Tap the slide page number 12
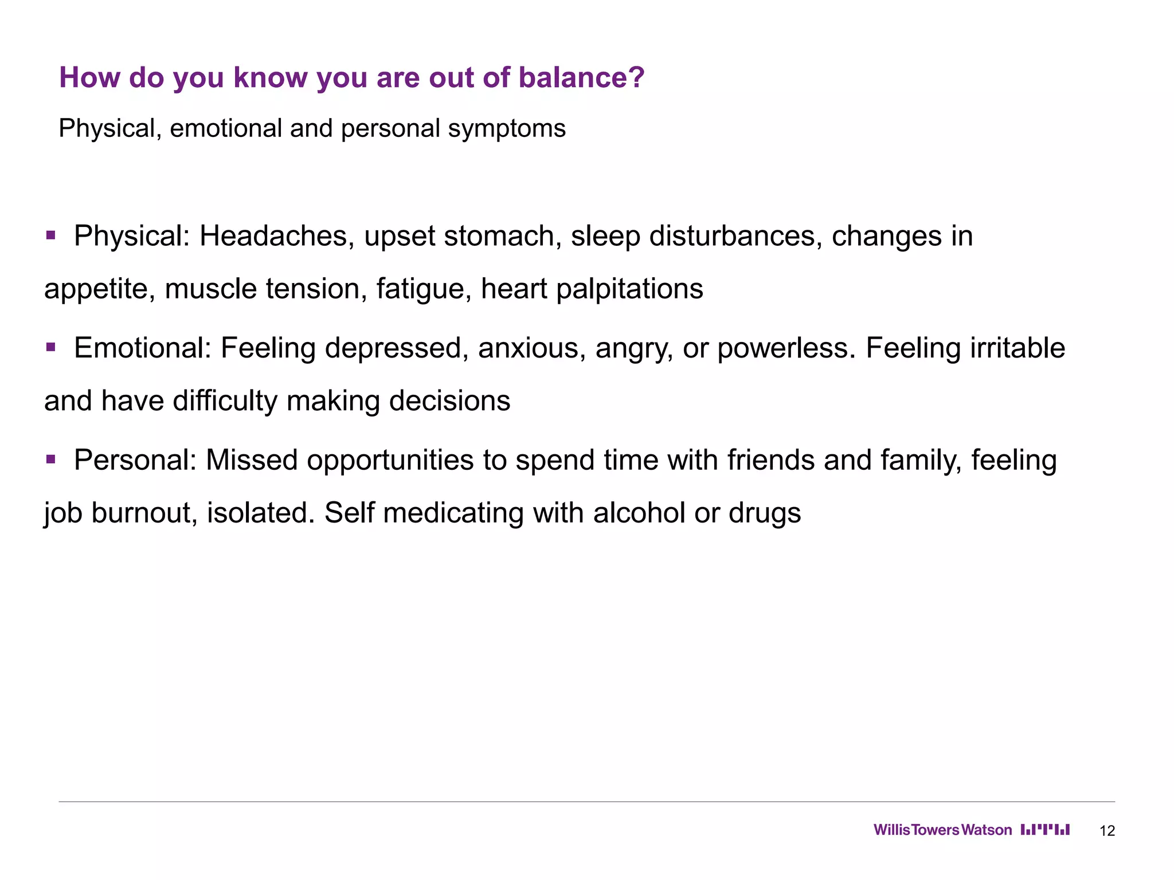[x=1107, y=831]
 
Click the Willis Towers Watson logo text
[x=942, y=830]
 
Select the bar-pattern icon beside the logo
[x=1045, y=830]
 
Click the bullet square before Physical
[x=51, y=235]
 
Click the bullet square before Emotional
[x=51, y=347]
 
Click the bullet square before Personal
[x=51, y=459]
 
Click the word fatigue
[x=424, y=289]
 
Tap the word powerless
[x=786, y=348]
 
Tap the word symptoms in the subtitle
[x=507, y=129]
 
